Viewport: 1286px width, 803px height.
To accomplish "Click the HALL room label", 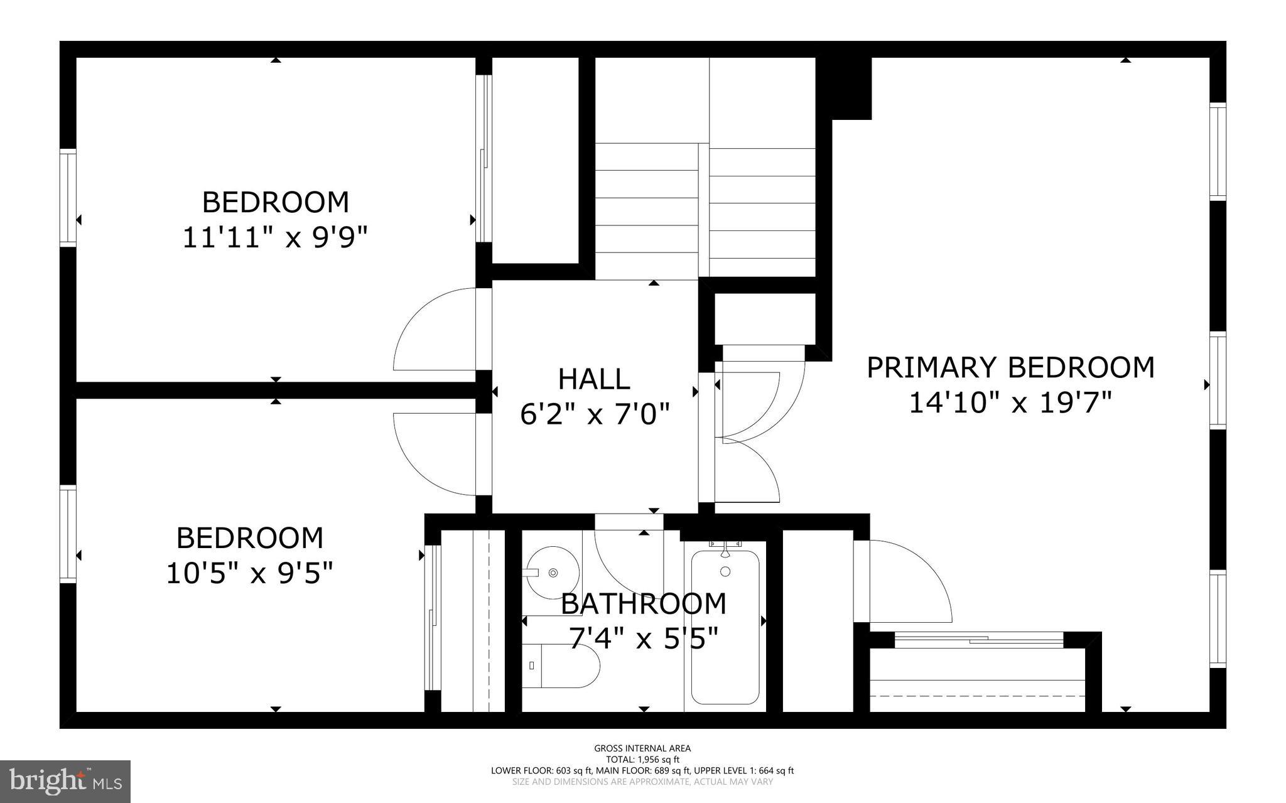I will click(593, 379).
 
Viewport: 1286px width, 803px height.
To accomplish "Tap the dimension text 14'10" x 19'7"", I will click(1010, 402).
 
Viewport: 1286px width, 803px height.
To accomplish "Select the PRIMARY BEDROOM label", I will click(1010, 367).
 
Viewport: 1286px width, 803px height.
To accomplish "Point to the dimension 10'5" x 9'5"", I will click(249, 573).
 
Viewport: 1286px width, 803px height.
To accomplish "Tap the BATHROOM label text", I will click(643, 604).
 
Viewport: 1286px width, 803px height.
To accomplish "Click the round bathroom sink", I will click(552, 572).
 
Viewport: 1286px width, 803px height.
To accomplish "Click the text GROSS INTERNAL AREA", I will click(642, 748).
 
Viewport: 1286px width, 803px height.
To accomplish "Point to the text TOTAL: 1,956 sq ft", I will click(642, 759).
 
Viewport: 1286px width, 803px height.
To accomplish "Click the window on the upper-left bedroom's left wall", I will click(68, 198).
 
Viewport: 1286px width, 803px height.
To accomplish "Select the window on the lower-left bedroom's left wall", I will click(68, 534).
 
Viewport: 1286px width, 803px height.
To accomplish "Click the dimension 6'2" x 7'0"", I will click(595, 414).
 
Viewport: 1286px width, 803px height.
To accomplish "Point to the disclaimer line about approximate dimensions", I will click(642, 782).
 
